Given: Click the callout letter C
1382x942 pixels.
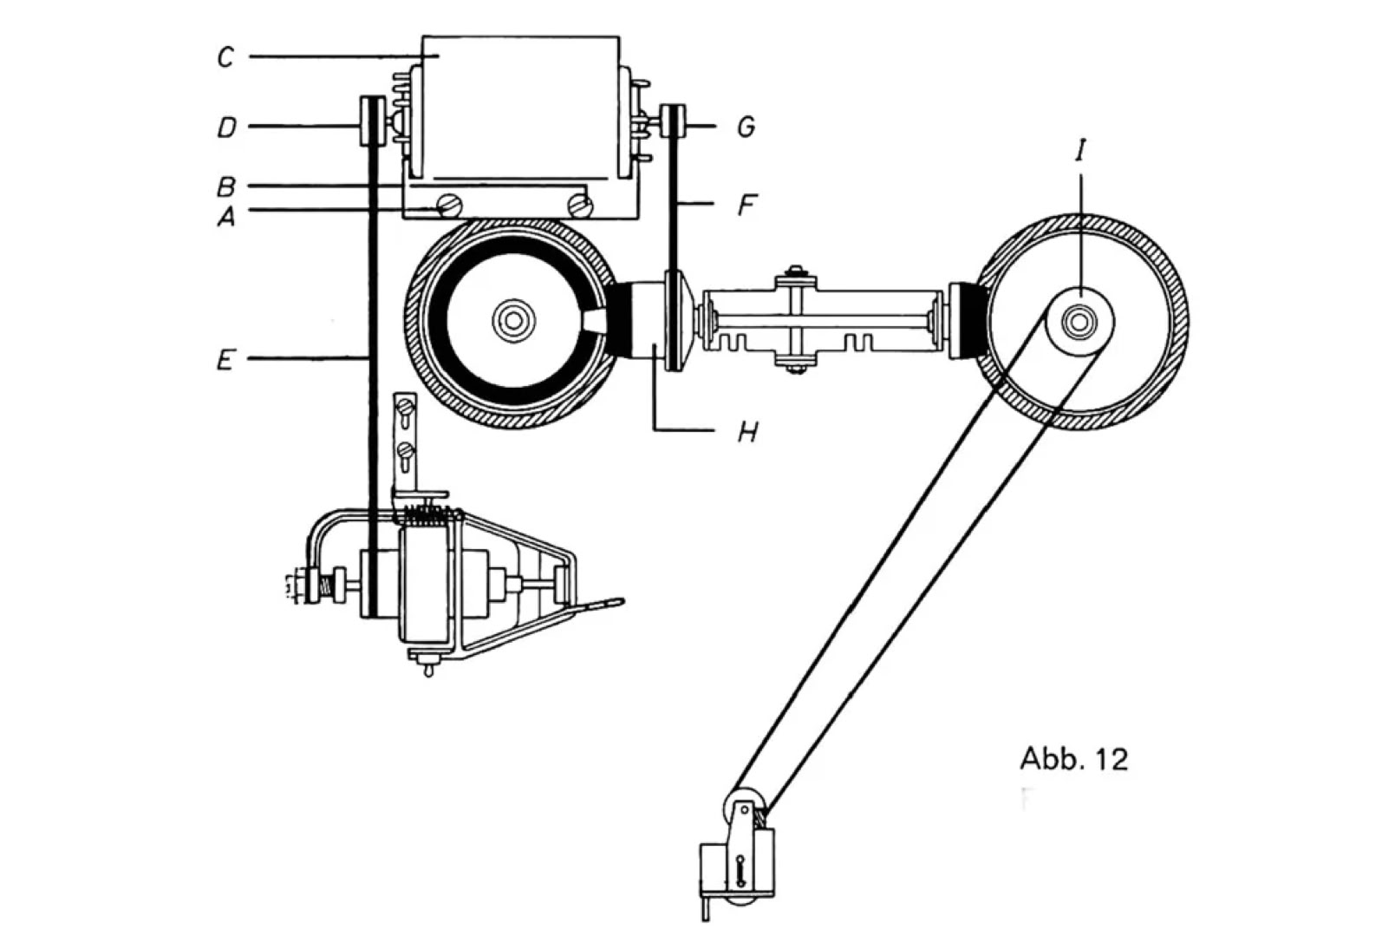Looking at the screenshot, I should click(x=225, y=58).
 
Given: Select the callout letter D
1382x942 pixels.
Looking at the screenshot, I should click(x=225, y=128).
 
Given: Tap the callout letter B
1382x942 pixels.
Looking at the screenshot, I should click(x=225, y=186).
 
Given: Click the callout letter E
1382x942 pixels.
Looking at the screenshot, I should click(x=225, y=358).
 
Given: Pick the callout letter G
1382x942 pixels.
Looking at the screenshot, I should click(x=746, y=128).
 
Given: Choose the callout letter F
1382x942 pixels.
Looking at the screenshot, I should click(x=746, y=206).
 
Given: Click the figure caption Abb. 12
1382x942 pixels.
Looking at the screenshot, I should click(x=1074, y=759).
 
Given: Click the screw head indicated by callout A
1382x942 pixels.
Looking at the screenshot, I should click(x=449, y=206).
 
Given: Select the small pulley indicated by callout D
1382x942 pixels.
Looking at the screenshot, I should click(x=372, y=125).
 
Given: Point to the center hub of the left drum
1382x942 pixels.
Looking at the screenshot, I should click(x=509, y=321).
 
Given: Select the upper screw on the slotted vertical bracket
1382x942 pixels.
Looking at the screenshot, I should click(x=403, y=404).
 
